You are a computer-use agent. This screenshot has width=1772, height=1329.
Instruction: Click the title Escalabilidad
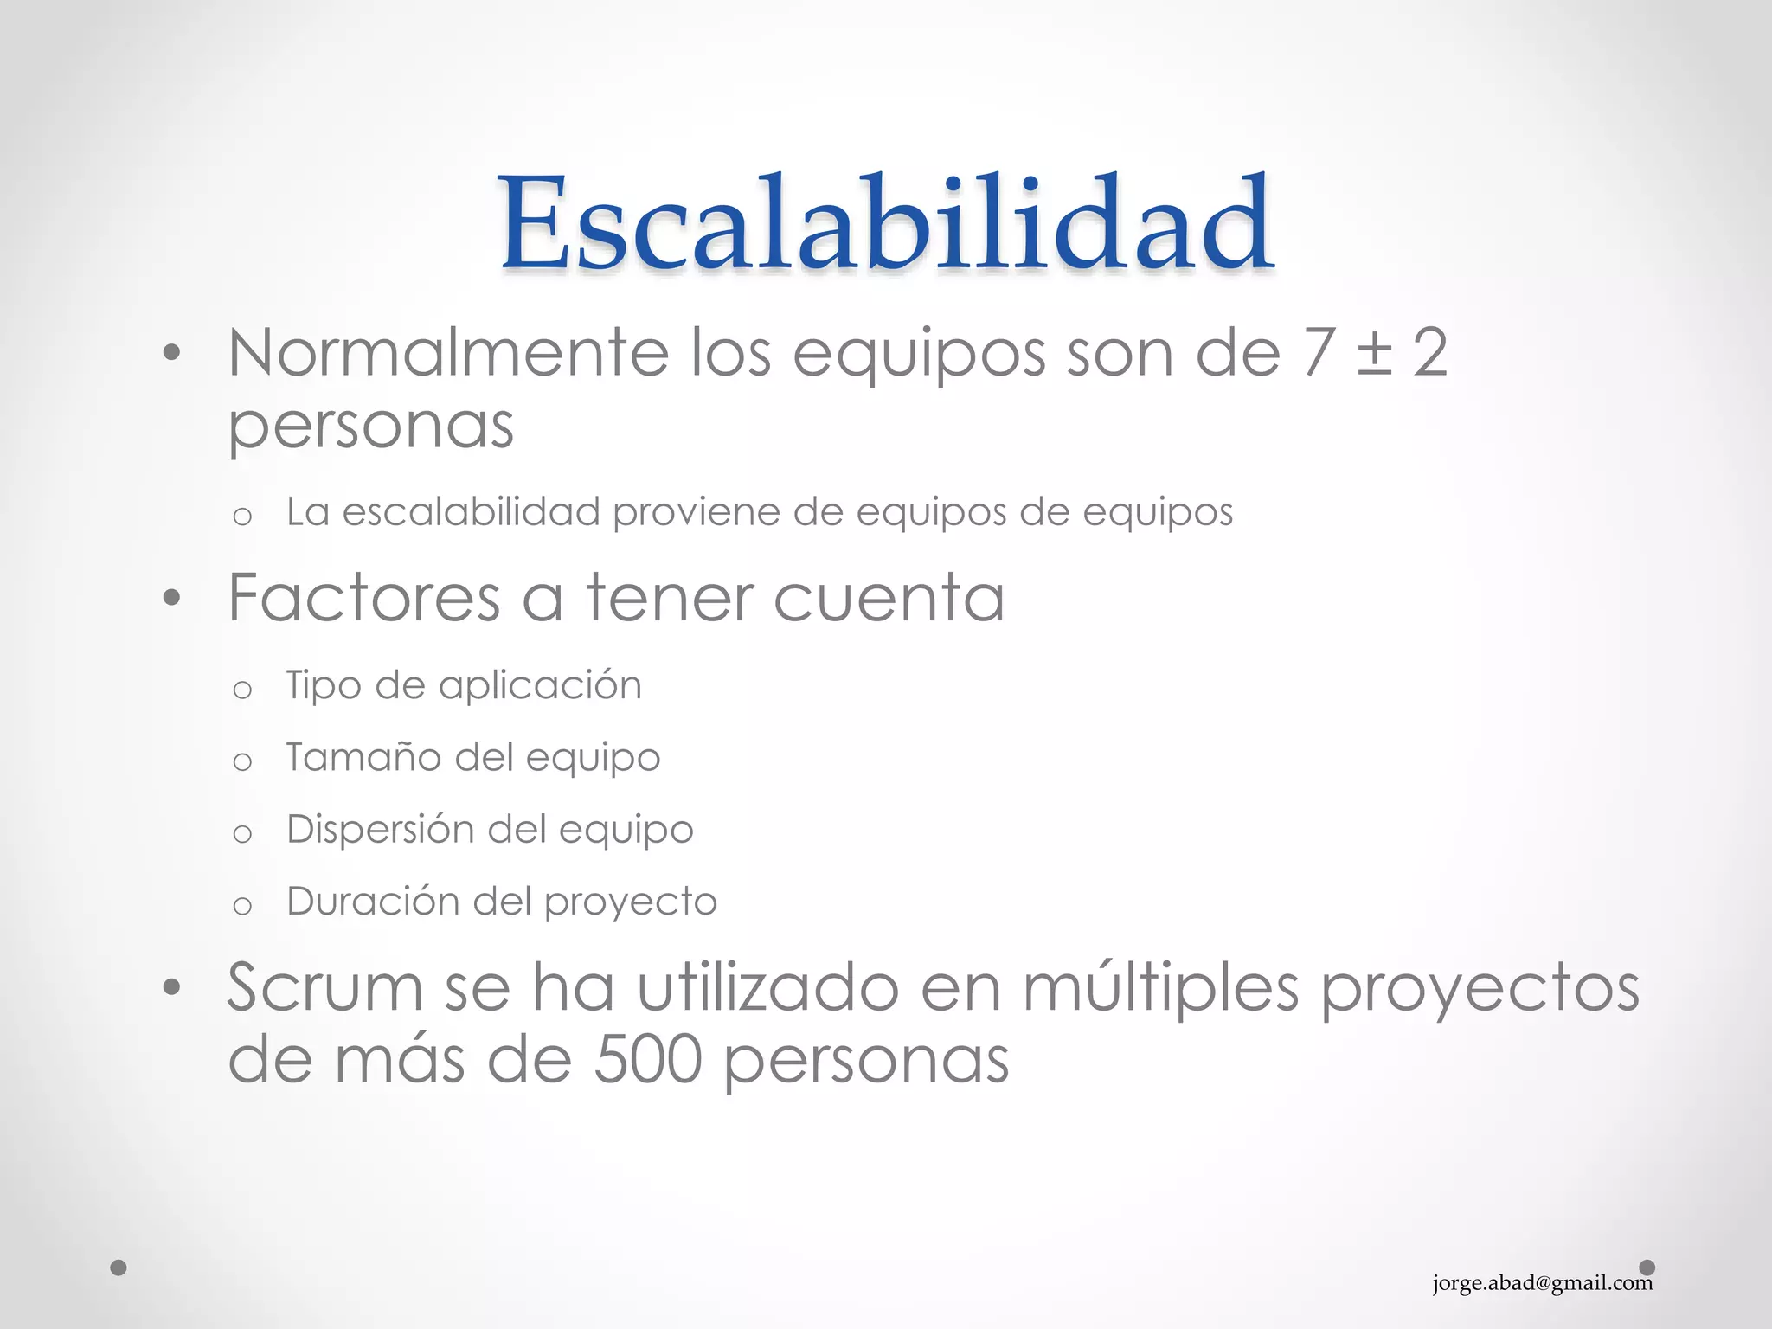click(x=886, y=223)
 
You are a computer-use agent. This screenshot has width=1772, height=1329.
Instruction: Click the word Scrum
click(x=324, y=987)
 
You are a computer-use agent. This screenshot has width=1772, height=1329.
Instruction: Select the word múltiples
click(x=1160, y=987)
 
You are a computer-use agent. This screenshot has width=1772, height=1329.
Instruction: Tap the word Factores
click(x=364, y=598)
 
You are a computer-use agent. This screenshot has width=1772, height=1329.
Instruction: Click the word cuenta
click(x=889, y=598)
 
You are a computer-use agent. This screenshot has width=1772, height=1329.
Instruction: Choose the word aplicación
click(x=540, y=686)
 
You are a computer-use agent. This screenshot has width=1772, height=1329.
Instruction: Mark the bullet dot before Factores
click(x=171, y=598)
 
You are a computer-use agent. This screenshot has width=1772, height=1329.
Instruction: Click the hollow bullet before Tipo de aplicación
click(x=242, y=690)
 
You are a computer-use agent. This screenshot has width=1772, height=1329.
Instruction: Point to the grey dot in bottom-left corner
click(x=119, y=1268)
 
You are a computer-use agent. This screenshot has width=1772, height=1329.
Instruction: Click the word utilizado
click(x=767, y=987)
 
